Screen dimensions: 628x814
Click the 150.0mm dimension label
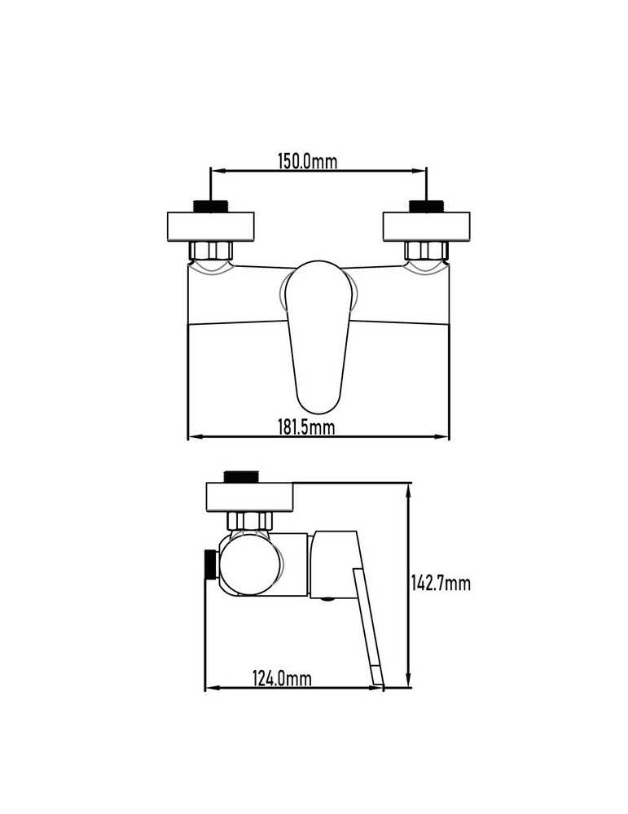(308, 161)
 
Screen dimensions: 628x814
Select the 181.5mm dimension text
(306, 427)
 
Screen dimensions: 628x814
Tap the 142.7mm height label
(441, 583)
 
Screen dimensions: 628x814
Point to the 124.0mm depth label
(282, 678)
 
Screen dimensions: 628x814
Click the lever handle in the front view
(318, 336)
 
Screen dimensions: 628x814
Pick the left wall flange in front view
(210, 227)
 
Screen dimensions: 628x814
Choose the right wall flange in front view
(427, 227)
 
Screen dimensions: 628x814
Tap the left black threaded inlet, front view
(210, 206)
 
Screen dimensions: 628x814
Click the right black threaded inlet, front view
(427, 206)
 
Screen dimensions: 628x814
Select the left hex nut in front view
(210, 251)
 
